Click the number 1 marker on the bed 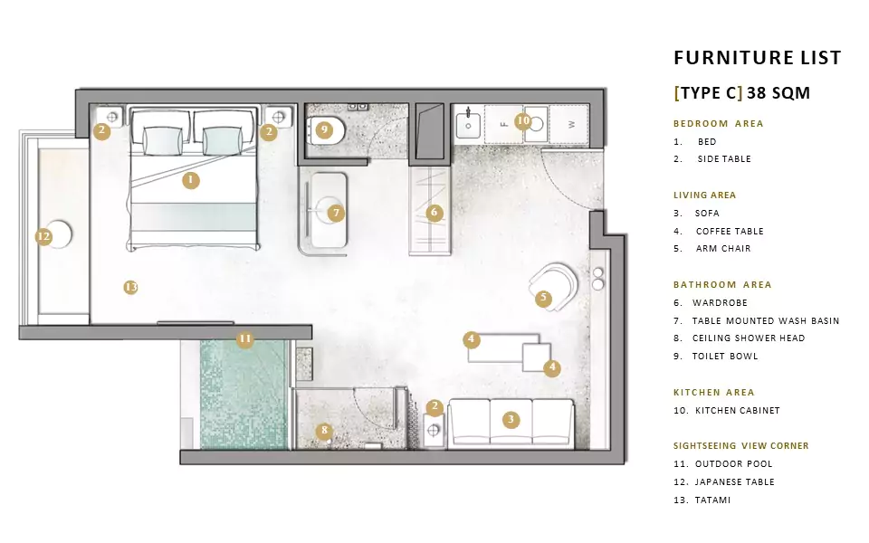(191, 180)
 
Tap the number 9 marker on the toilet (324, 130)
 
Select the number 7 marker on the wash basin (336, 214)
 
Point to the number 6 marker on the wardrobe (434, 213)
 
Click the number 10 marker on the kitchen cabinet (522, 120)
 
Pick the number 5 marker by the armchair (544, 299)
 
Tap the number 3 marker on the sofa (511, 419)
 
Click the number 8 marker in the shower (324, 431)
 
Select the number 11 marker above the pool (245, 339)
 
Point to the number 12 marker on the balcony (43, 237)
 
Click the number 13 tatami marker (130, 287)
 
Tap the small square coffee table (537, 357)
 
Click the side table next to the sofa (434, 430)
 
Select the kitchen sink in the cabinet (468, 126)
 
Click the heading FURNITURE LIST (757, 58)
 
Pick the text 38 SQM (778, 92)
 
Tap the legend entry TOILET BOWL (725, 357)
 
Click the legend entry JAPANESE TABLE (735, 482)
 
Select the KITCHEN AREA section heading (714, 392)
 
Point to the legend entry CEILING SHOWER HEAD (749, 338)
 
